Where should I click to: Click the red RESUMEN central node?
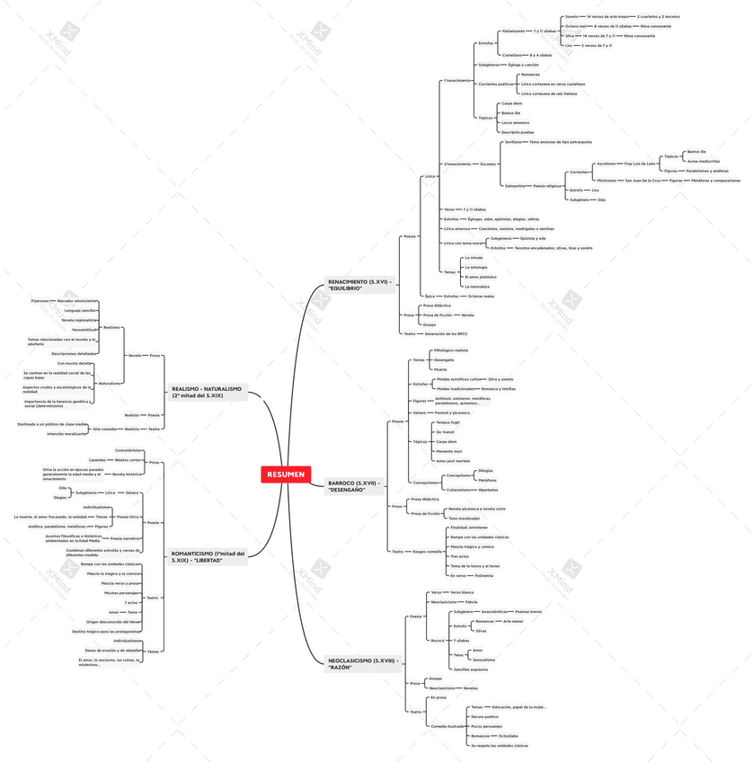point(285,474)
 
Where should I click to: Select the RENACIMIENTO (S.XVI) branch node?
point(359,285)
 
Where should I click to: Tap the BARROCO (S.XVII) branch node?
point(354,486)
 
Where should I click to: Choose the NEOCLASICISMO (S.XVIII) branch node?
point(359,664)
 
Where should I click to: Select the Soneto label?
point(571,17)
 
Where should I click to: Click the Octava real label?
point(575,27)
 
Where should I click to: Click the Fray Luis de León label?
point(641,164)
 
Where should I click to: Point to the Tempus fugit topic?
point(447,422)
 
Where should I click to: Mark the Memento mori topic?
point(449,451)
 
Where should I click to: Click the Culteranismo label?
point(459,490)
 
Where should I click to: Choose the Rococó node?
point(439,640)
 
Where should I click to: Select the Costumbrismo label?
point(128,449)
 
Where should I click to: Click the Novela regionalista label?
point(79,320)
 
